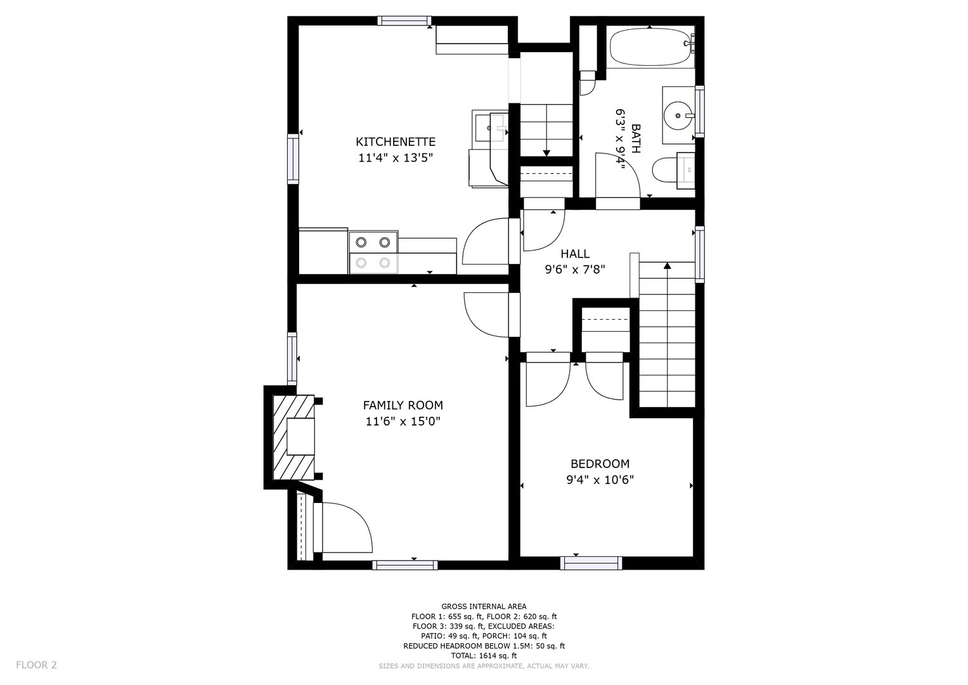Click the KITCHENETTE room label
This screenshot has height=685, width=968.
396,142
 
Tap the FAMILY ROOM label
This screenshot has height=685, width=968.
403,405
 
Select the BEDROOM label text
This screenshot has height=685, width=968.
600,464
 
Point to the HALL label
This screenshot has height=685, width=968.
575,254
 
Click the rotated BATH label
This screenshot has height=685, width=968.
636,138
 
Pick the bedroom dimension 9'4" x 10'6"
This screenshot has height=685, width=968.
600,480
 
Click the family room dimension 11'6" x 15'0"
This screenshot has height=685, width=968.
403,421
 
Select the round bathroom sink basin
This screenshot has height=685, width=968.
678,115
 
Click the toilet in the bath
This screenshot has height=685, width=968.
673,171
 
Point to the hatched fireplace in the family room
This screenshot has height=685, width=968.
294,437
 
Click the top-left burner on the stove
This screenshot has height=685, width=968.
361,242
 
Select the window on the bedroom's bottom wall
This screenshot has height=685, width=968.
591,563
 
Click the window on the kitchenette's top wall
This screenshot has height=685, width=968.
404,21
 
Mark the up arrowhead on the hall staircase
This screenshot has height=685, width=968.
668,266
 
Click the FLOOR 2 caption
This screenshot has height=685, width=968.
36,665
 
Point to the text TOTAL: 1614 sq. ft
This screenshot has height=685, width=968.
484,656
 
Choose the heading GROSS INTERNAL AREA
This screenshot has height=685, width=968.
484,606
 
